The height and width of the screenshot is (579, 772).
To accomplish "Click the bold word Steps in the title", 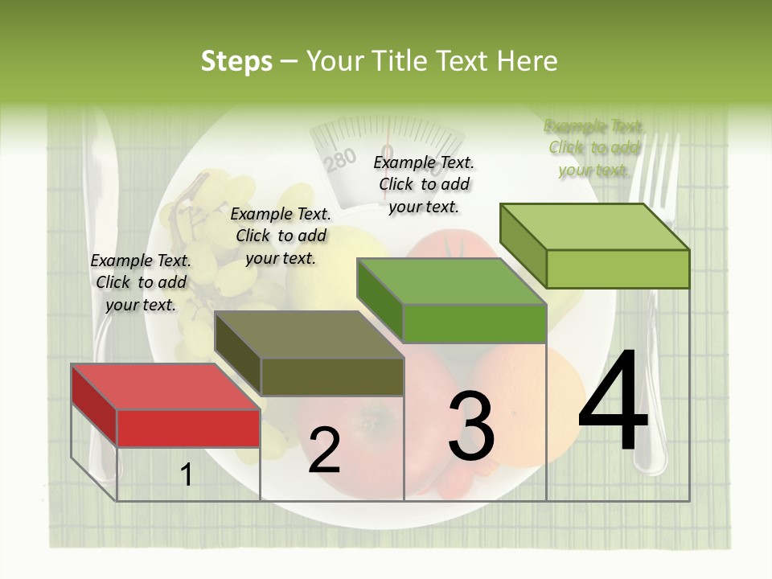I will (236, 61).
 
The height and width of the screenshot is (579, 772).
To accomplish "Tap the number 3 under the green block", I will (470, 427).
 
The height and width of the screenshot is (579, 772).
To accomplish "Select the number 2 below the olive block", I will (324, 450).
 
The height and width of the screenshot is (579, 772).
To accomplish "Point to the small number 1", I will (187, 475).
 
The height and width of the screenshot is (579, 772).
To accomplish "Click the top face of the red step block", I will (166, 387).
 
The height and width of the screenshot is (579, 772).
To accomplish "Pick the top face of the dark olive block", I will (310, 335).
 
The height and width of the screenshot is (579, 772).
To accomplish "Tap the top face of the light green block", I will (595, 227).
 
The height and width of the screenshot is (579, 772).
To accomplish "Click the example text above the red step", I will (141, 282).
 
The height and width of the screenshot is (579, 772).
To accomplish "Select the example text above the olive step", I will (281, 236).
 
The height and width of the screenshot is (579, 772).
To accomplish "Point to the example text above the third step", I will (424, 184).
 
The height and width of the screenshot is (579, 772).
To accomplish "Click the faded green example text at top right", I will (593, 147).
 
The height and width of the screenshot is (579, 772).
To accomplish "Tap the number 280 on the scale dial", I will (340, 161).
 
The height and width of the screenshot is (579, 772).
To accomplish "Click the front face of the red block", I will (188, 428).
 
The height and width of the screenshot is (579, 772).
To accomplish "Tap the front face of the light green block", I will (618, 269).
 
